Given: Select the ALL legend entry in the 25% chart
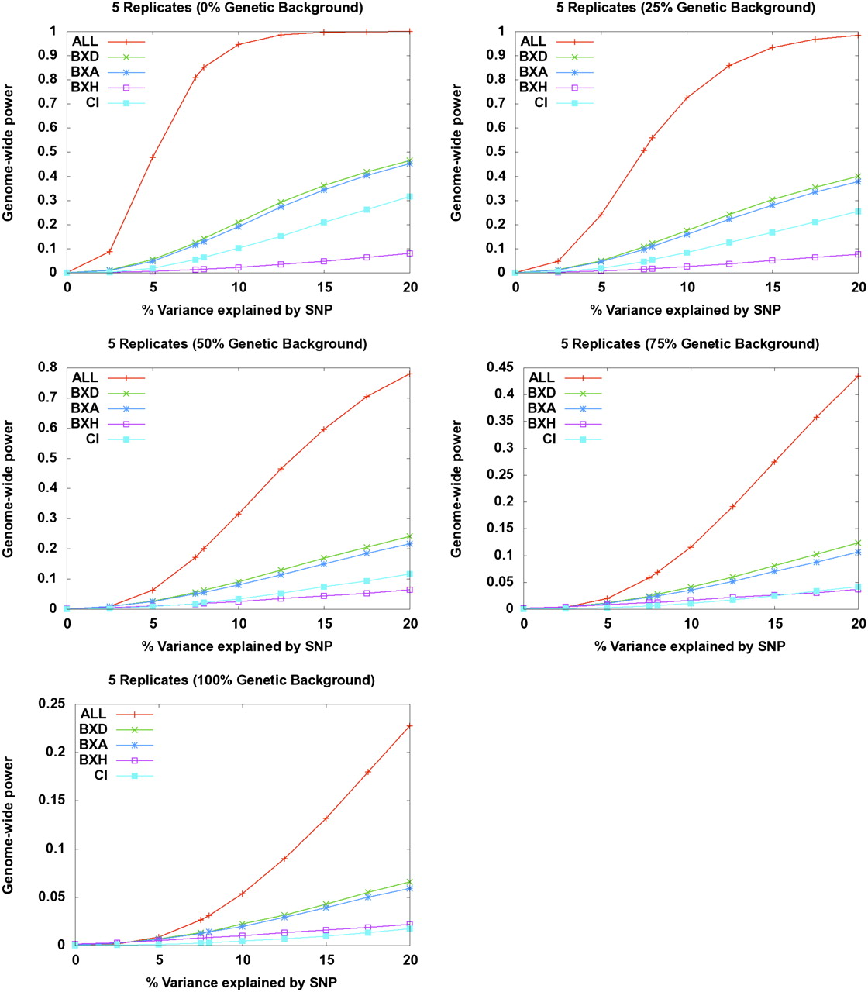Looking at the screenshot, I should click(x=533, y=41).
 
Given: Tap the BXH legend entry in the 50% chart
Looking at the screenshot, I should click(x=85, y=424).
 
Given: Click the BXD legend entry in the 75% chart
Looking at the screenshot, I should click(x=542, y=393).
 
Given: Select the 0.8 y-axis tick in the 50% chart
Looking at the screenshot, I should click(x=48, y=367).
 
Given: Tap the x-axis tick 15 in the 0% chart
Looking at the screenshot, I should click(x=325, y=287).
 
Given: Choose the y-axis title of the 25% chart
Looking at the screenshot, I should click(x=456, y=153).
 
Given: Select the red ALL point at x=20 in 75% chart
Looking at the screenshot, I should click(x=857, y=377).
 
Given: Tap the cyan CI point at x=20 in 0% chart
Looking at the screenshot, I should click(x=410, y=197).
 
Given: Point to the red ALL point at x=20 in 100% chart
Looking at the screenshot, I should click(x=410, y=726).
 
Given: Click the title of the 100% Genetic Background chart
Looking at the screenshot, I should click(x=242, y=680).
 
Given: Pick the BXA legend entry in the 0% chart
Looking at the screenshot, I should click(x=85, y=72).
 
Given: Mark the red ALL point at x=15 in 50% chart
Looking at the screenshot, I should click(x=324, y=429).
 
